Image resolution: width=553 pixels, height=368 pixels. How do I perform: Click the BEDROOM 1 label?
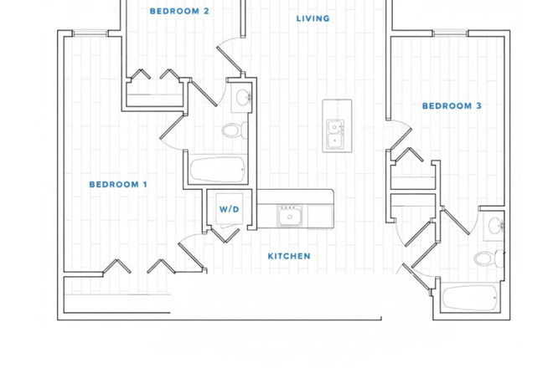(118, 184)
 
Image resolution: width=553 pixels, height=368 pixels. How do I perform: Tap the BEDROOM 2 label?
(179, 12)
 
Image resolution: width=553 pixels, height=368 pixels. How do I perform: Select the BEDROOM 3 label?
(451, 106)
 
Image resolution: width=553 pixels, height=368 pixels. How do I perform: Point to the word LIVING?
(313, 18)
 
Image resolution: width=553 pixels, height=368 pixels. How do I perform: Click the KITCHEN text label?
(289, 256)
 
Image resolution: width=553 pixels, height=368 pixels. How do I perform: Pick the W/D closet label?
(230, 209)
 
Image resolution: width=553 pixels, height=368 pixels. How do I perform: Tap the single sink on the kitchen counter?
(290, 217)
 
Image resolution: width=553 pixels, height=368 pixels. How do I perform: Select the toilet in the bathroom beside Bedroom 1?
(233, 130)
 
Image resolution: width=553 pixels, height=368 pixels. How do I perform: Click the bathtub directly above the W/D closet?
(217, 170)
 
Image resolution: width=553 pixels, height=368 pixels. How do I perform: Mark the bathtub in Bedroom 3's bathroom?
(470, 298)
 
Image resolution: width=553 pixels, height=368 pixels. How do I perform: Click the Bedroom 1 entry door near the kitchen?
(190, 251)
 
